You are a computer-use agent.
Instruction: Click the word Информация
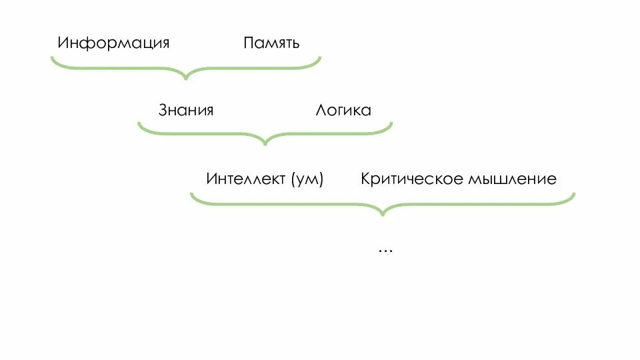113,44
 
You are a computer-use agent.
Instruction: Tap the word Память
271,44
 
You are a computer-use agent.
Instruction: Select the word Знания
186,110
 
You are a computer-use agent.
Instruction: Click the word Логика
343,110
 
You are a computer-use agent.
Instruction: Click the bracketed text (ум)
307,179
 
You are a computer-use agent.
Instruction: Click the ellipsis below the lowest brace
385,249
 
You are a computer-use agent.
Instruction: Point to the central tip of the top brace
186,78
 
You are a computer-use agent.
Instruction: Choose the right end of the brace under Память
320,57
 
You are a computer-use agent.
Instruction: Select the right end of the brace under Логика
391,123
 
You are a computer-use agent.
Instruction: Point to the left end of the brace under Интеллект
191,194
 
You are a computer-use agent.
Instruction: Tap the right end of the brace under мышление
573,194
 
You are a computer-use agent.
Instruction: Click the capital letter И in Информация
63,43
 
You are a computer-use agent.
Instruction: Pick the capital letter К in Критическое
366,179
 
